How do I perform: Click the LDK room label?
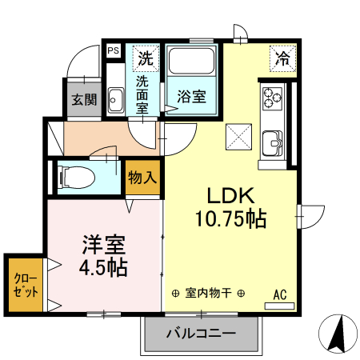coord(231,196)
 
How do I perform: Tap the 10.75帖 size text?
coord(231,217)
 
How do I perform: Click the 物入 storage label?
coord(142,177)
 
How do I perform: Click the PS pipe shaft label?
coord(114,50)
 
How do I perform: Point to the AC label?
coord(280,294)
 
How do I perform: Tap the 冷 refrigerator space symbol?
coord(282,58)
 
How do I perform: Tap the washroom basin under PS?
coord(114,101)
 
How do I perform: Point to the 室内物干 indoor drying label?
coord(208,294)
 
